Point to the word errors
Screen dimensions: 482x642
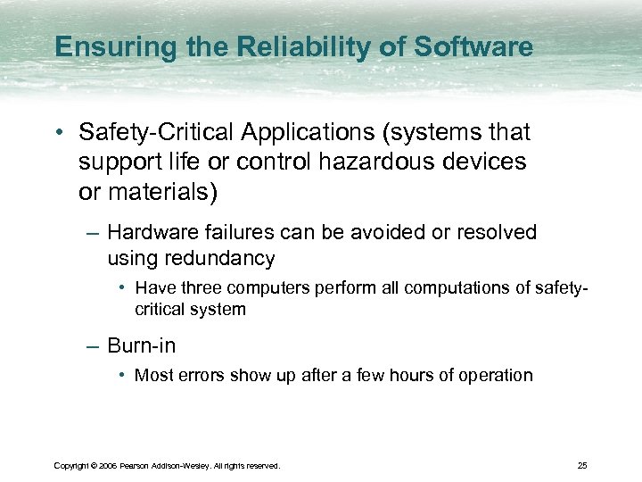point(201,375)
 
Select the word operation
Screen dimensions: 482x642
point(495,375)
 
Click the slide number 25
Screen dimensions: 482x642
point(582,465)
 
